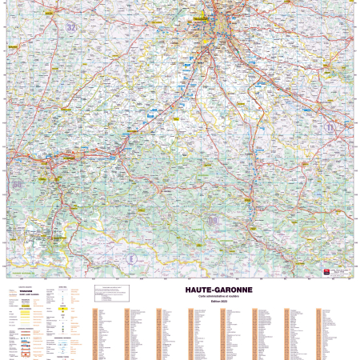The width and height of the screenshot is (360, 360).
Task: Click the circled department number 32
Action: (x=72, y=27)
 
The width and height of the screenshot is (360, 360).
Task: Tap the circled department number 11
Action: (x=329, y=127)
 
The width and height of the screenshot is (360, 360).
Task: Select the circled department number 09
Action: (x=212, y=220)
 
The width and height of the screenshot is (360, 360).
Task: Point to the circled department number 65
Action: (x=17, y=186)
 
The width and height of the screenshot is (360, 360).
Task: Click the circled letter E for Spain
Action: (x=132, y=258)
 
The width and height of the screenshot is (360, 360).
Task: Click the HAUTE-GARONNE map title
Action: (x=218, y=289)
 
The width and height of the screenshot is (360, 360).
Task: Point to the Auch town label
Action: (x=18, y=50)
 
